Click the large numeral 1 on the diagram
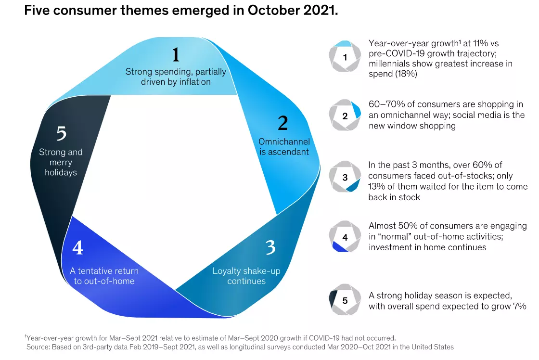(176, 54)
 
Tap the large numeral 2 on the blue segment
(283, 124)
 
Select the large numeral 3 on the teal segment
(270, 247)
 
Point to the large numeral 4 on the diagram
(77, 248)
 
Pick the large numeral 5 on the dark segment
(61, 133)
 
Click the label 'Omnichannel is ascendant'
(283, 147)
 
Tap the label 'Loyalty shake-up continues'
(246, 276)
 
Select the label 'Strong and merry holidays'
(61, 162)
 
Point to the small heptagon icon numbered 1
(345, 57)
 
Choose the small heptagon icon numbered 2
(345, 116)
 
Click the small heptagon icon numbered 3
(345, 177)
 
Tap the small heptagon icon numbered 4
(345, 237)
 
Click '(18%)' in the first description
(406, 75)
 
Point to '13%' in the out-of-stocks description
(377, 186)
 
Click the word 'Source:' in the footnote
(39, 347)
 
